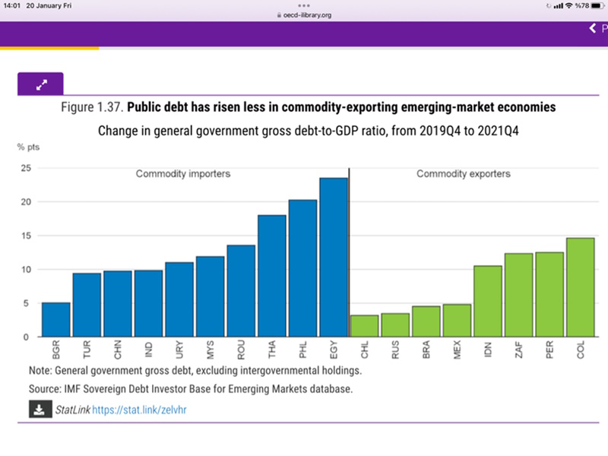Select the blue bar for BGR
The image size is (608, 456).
click(55, 319)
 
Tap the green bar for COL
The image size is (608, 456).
click(580, 287)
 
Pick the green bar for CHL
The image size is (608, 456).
click(364, 325)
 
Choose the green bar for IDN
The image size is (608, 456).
click(487, 301)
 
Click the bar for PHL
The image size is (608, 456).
click(302, 268)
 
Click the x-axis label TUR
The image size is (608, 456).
click(87, 350)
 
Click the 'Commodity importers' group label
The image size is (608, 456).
click(183, 174)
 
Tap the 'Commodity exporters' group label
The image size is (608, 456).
click(464, 174)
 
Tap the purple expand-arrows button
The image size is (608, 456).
click(40, 84)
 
